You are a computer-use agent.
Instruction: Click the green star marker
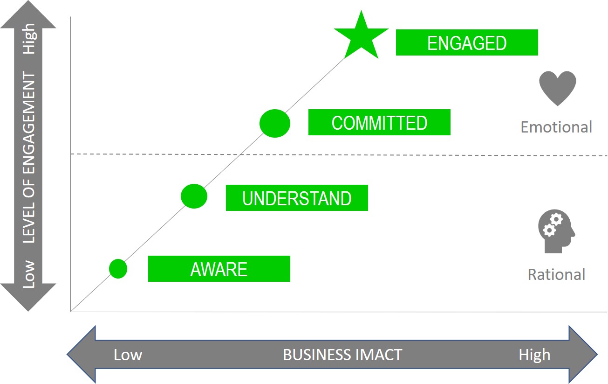[x=361, y=36]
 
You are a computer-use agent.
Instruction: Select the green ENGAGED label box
[x=467, y=43]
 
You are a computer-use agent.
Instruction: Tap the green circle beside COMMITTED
[x=275, y=123]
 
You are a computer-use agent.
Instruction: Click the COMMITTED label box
[x=379, y=123]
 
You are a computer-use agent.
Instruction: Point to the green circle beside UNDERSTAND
[x=194, y=196]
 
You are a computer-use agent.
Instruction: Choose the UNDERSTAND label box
[x=297, y=198]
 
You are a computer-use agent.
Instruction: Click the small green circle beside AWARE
[x=118, y=268]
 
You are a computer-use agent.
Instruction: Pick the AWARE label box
[x=219, y=269]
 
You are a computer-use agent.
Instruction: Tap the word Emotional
[x=556, y=127]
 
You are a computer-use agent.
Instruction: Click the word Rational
[x=556, y=274]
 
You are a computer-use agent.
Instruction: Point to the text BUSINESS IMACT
[x=342, y=355]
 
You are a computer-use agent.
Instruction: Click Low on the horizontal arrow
[x=128, y=355]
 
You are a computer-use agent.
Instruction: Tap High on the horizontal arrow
[x=534, y=355]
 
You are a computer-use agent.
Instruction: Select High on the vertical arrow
[x=29, y=40]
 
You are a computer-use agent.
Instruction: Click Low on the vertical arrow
[x=29, y=274]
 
